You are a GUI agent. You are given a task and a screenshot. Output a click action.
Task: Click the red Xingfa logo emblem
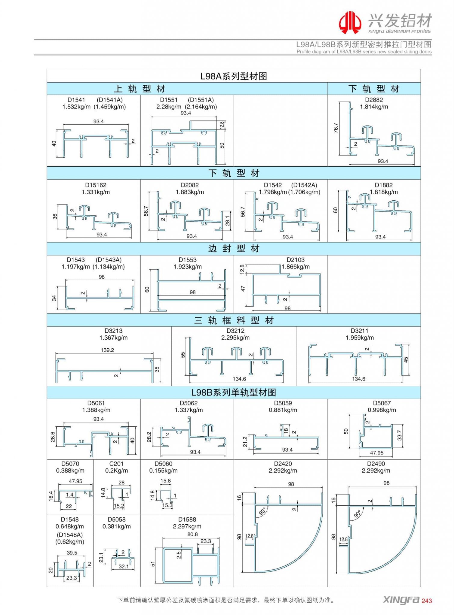(350, 22)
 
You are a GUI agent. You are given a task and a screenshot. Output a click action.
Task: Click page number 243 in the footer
(427, 601)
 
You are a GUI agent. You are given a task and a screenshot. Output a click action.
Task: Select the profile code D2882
(374, 100)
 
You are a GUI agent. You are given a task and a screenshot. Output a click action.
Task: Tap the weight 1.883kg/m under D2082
(190, 192)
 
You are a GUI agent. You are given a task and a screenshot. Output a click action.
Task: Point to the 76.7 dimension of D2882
(336, 128)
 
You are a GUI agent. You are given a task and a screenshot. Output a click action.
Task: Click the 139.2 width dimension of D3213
(107, 350)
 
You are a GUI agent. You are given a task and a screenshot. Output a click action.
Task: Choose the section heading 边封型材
(234, 249)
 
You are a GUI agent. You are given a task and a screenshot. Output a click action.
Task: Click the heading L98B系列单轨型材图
(234, 392)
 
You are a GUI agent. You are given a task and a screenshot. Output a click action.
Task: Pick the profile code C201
(116, 464)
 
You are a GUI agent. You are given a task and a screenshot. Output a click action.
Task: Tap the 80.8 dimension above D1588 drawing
(192, 535)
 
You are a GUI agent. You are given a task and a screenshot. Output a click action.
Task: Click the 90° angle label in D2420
(262, 511)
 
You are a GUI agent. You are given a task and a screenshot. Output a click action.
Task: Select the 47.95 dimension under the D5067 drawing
(376, 453)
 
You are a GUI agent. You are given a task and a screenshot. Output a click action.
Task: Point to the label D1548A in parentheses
(70, 535)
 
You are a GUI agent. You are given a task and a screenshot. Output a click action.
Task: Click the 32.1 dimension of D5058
(124, 567)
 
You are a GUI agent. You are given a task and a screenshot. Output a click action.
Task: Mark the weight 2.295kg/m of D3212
(235, 338)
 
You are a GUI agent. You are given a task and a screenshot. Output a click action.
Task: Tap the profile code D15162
(96, 185)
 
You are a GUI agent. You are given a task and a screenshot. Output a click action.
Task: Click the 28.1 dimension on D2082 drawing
(228, 221)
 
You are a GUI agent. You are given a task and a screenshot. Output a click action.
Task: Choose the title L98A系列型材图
(234, 76)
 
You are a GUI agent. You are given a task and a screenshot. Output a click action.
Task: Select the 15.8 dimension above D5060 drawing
(165, 481)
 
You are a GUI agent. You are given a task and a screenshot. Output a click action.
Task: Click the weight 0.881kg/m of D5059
(283, 410)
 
